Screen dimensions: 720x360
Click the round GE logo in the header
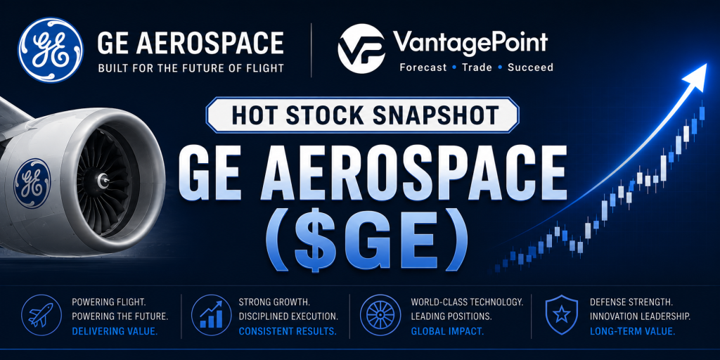(x=51, y=50)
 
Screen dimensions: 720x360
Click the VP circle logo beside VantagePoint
(x=361, y=49)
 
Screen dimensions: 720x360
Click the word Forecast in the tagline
(x=423, y=67)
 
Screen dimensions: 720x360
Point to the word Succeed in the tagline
(x=530, y=67)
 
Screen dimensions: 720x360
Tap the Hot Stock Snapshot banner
(x=362, y=115)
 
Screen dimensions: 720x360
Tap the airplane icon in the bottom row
(x=41, y=316)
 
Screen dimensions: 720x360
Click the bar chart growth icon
(x=211, y=316)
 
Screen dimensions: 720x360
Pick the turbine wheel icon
(x=380, y=316)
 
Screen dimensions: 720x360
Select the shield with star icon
(x=560, y=316)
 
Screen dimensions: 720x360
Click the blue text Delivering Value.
(x=115, y=330)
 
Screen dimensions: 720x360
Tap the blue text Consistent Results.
(x=288, y=330)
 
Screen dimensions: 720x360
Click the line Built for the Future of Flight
(x=191, y=69)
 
